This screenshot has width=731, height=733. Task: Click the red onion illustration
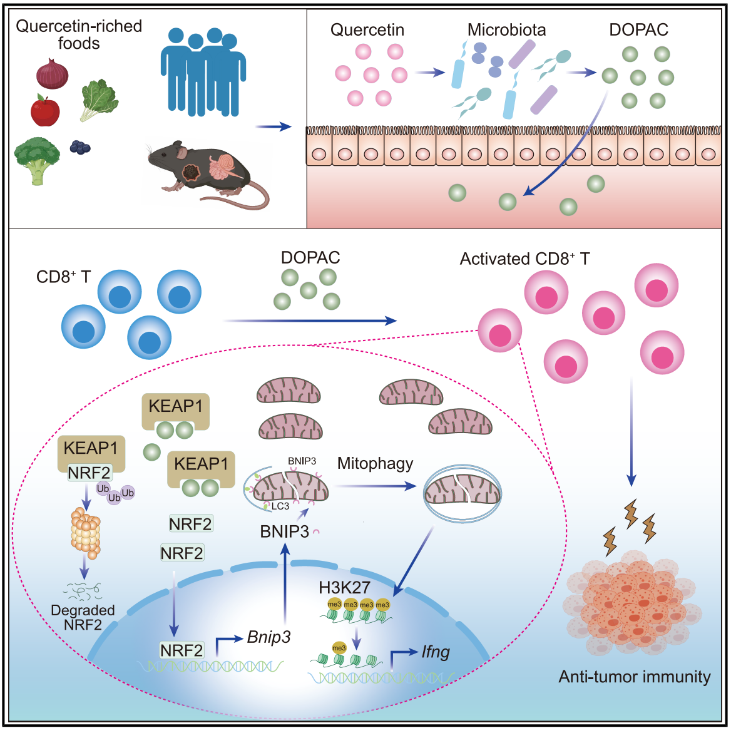[52, 73]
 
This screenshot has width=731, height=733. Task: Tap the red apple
[45, 111]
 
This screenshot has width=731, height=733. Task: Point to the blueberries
[80, 147]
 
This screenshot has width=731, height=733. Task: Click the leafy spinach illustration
[99, 100]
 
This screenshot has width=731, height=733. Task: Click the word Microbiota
[506, 30]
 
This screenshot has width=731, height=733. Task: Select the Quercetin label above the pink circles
[367, 30]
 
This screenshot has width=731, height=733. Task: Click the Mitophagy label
[375, 463]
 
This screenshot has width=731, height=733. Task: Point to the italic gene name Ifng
[435, 652]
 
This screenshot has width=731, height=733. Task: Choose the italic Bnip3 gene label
[268, 637]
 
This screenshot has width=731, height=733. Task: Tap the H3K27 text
[344, 587]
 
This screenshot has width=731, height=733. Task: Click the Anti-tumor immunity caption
[634, 677]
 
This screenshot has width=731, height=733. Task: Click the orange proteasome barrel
[86, 533]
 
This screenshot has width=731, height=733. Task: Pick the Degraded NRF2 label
[83, 617]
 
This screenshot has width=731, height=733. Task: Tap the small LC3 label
[280, 506]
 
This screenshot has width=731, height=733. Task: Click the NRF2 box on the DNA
[181, 650]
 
